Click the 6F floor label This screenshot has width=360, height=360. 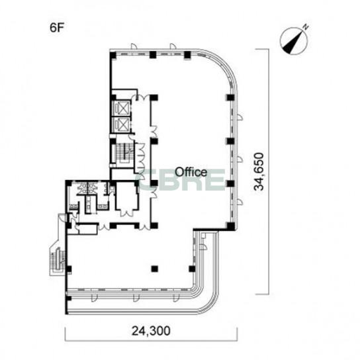tap(56, 28)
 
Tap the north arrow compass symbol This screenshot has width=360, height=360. tap(294, 41)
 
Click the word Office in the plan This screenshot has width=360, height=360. tap(191, 172)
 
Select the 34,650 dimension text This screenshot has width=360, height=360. tap(259, 171)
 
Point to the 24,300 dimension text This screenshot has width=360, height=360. tap(151, 331)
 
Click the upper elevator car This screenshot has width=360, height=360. tap(123, 107)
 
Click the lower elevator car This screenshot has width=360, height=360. tap(123, 124)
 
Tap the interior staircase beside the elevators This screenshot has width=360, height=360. tap(124, 153)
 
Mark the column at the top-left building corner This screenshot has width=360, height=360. tap(113, 55)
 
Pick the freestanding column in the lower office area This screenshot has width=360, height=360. tap(155, 269)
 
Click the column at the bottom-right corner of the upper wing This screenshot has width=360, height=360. tap(231, 226)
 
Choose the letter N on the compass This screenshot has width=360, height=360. tap(306, 27)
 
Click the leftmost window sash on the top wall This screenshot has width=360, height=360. tap(134, 46)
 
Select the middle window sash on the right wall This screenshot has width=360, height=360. tap(240, 159)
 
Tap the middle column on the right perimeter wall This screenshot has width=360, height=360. tap(230, 141)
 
